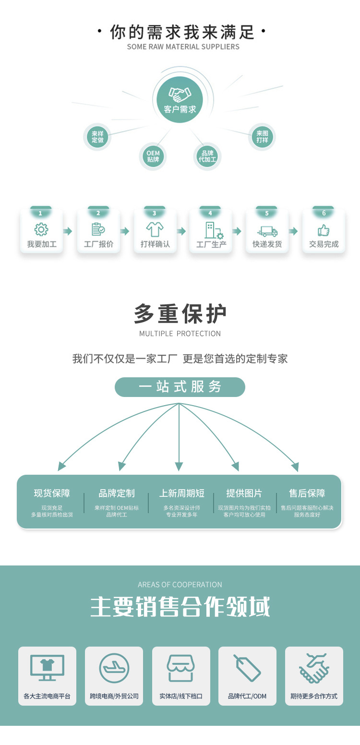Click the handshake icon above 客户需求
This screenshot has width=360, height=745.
pos(180,93)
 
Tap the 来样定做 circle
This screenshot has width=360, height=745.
pos(98,137)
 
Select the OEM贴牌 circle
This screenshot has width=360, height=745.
pos(153,156)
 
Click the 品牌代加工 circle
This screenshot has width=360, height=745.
pos(207,156)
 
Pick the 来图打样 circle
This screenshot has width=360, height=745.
pos(262,137)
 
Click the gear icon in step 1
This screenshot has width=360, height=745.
pos(42,229)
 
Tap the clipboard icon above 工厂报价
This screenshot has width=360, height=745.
pos(98,229)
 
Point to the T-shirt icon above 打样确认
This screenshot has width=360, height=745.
pos(155,229)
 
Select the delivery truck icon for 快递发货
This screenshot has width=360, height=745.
pos(267,231)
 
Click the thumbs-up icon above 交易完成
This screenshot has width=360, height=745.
pos(324,230)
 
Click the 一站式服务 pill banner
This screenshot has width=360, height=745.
pos(180,387)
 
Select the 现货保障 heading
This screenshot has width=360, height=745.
pos(52,493)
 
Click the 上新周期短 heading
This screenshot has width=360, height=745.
pos(182,493)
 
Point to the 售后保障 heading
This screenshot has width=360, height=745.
pos(307,493)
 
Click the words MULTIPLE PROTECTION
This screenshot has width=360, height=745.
pos(180,334)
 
